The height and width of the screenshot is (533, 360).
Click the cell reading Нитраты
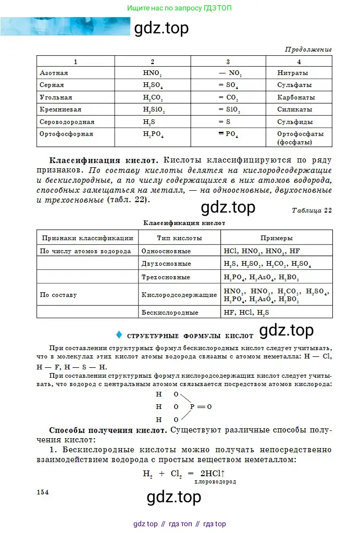292,73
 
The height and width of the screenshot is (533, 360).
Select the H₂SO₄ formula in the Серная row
153,85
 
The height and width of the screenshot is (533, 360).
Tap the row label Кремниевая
60,110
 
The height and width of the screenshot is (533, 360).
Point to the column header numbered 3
228,61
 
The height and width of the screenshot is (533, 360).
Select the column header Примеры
277,238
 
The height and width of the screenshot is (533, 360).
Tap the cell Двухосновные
166,264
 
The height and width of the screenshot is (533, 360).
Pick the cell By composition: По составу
58,295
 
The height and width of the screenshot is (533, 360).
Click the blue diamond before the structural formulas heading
119,334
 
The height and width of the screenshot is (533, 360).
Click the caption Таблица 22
312,210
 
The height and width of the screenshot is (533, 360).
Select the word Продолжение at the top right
308,49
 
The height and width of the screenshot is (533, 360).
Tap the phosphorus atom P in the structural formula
192,406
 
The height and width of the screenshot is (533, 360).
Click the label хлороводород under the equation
215,482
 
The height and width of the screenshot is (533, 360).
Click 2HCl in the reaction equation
210,474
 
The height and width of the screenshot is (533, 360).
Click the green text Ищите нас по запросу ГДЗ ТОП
180,8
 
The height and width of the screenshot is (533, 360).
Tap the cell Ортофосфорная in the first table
66,134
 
